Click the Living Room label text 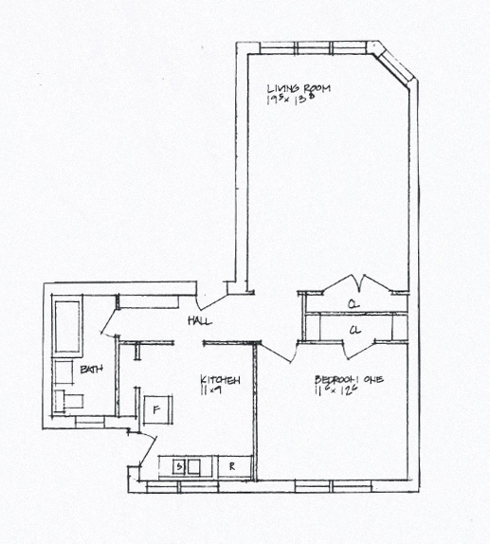298,87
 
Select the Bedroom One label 348,380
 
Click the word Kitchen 219,380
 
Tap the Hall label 199,321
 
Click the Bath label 91,369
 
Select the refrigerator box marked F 156,410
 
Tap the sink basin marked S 177,465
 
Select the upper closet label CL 352,305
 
